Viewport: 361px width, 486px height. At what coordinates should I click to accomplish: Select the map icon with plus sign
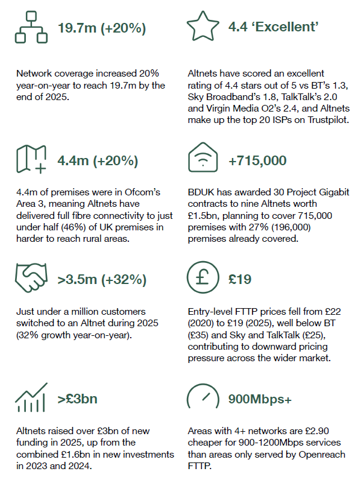[x=31, y=160]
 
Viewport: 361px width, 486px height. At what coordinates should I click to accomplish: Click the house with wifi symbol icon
[x=203, y=160]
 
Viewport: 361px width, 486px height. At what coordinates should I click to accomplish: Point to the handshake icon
[x=31, y=279]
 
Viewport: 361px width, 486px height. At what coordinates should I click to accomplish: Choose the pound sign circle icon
[x=203, y=279]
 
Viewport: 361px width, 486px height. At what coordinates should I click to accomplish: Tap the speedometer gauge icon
[x=203, y=399]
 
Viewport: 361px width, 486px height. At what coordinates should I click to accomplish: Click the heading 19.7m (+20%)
[x=101, y=28]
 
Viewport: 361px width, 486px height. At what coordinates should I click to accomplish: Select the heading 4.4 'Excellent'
[x=273, y=27]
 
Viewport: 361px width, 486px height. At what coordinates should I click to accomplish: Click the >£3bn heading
[x=78, y=399]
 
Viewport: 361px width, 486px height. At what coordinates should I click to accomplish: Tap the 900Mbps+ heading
[x=261, y=399]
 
